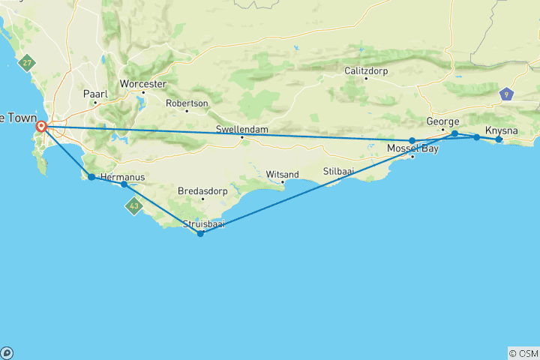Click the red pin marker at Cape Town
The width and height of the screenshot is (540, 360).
click(x=43, y=127)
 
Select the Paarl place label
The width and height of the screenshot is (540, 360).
click(x=95, y=94)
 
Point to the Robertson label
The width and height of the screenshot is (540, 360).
click(x=187, y=103)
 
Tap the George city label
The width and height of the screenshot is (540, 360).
click(x=442, y=121)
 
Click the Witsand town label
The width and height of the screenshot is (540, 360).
click(x=282, y=174)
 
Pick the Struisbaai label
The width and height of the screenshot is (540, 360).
click(x=205, y=223)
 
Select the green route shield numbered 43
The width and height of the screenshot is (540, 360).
click(x=134, y=205)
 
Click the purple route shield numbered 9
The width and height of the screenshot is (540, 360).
click(x=508, y=94)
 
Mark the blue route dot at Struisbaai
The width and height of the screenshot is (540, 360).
click(x=200, y=233)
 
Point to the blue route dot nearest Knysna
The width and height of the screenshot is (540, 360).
click(x=499, y=139)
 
